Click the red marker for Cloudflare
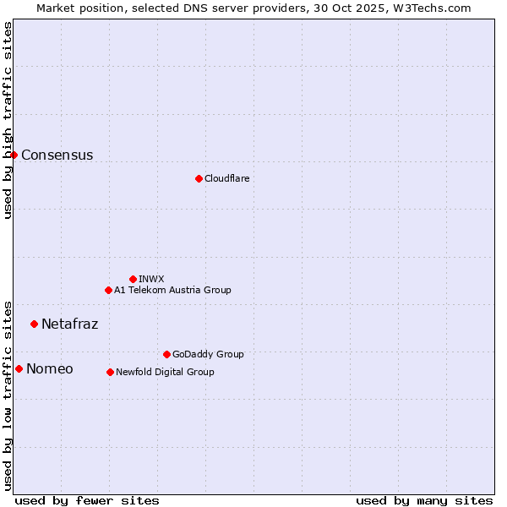click(x=199, y=178)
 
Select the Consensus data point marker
click(x=14, y=155)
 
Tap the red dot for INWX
click(x=133, y=279)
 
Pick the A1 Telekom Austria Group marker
click(x=108, y=290)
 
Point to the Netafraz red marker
click(x=34, y=324)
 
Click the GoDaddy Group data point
click(x=166, y=354)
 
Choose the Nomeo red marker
click(x=19, y=368)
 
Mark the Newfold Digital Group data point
click(x=110, y=372)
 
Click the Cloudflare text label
click(x=226, y=178)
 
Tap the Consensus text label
click(x=57, y=155)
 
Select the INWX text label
click(x=151, y=279)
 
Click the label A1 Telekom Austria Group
click(x=172, y=290)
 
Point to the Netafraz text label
click(x=69, y=324)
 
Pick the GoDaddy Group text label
click(x=208, y=354)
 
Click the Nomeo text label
click(x=49, y=368)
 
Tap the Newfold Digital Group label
click(x=165, y=372)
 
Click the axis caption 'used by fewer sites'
click(x=87, y=500)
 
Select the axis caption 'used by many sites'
click(x=424, y=500)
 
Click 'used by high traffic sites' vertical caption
click(x=8, y=120)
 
